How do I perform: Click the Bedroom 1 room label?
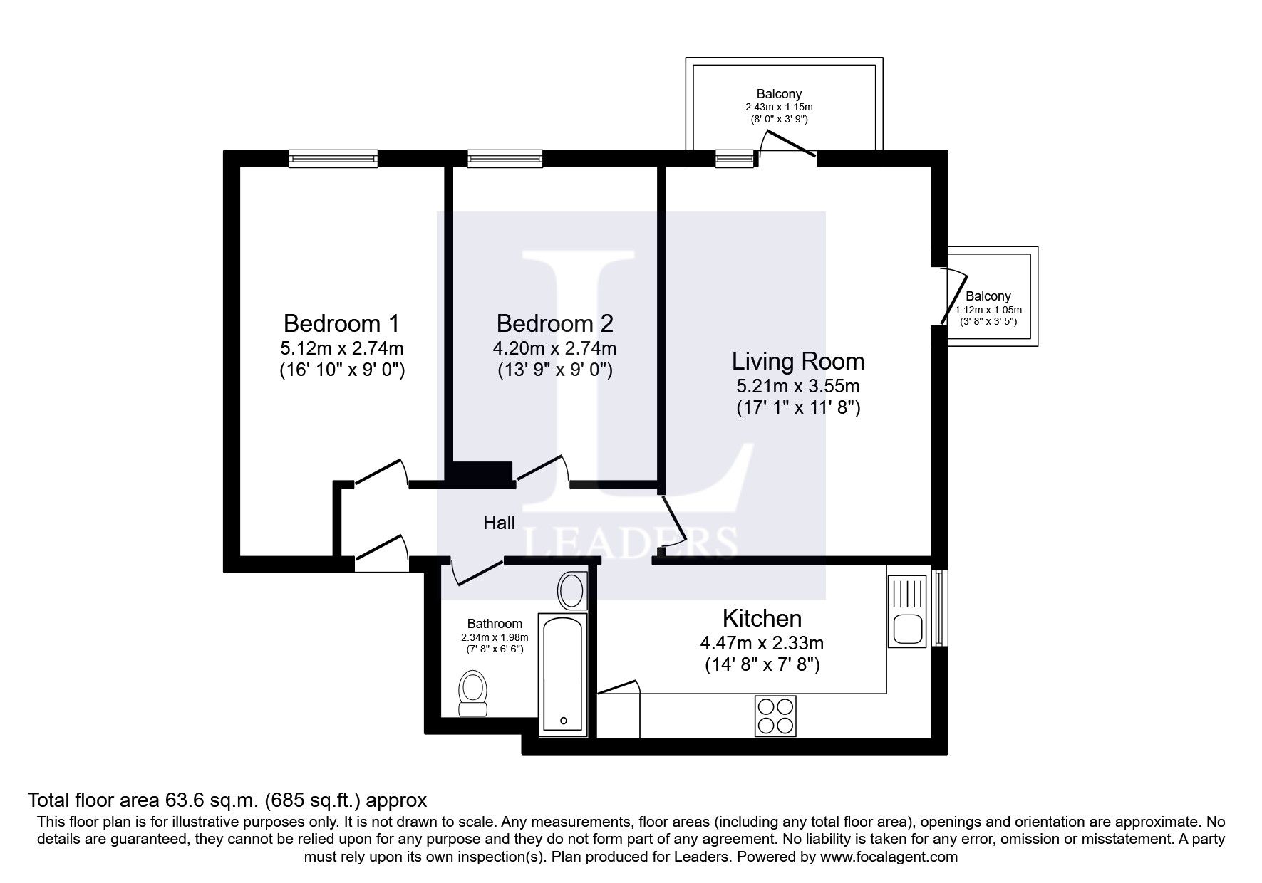pyautogui.click(x=341, y=324)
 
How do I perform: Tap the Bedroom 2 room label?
pyautogui.click(x=554, y=324)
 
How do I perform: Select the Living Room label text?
pyautogui.click(x=798, y=362)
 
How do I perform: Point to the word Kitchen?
pyautogui.click(x=762, y=617)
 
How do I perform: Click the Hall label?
pyautogui.click(x=499, y=523)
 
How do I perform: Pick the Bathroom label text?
pyautogui.click(x=495, y=624)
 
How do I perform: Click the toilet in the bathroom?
pyautogui.click(x=472, y=694)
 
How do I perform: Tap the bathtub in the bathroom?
pyautogui.click(x=563, y=674)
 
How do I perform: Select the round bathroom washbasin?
pyautogui.click(x=571, y=590)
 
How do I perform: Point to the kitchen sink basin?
pyautogui.click(x=906, y=629)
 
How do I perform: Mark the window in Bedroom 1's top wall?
pyautogui.click(x=333, y=159)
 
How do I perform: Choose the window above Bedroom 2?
pyautogui.click(x=505, y=159)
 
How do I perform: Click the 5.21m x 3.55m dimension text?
pyautogui.click(x=798, y=387)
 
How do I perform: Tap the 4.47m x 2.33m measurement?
pyautogui.click(x=762, y=644)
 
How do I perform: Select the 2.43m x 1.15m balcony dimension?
pyautogui.click(x=779, y=107)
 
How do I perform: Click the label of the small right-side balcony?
pyautogui.click(x=988, y=296)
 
